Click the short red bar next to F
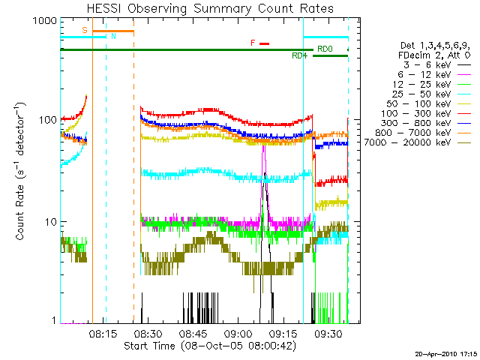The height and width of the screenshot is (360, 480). tap(264, 43)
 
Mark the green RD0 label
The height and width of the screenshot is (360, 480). tap(324, 49)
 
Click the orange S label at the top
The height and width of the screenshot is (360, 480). tap(85, 30)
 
